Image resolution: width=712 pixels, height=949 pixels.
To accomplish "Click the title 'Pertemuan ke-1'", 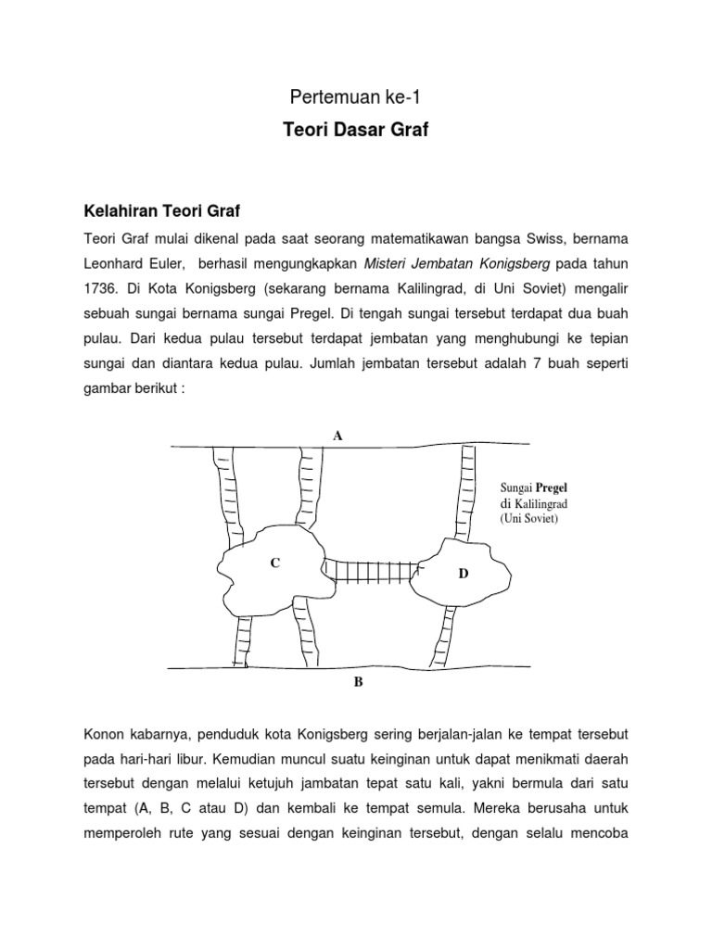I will click(355, 96).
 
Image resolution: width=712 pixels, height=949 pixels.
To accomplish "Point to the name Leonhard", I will click(114, 261).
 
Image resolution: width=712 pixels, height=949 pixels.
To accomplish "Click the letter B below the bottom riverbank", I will click(358, 683).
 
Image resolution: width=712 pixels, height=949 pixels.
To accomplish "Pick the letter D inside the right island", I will click(464, 575).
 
